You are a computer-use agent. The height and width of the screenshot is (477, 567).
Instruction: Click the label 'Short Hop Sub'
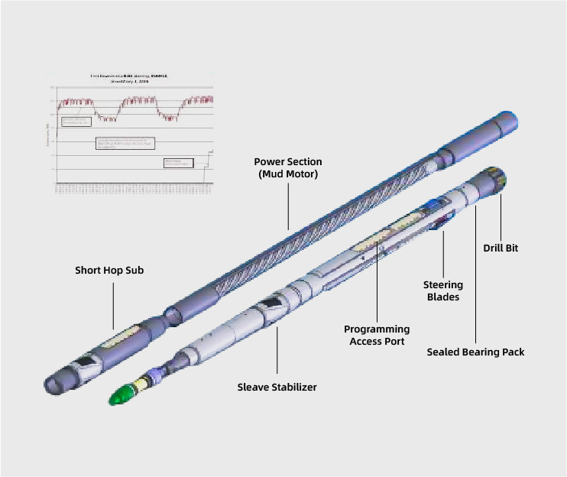point(109,271)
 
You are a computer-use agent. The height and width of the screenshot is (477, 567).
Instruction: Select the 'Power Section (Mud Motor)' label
point(288,167)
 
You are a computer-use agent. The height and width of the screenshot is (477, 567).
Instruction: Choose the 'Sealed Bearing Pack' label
point(475,352)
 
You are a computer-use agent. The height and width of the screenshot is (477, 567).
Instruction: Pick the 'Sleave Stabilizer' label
point(277,387)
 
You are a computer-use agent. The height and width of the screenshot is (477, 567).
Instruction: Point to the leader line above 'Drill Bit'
point(501,218)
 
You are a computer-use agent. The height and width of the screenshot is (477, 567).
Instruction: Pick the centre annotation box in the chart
point(125,143)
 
